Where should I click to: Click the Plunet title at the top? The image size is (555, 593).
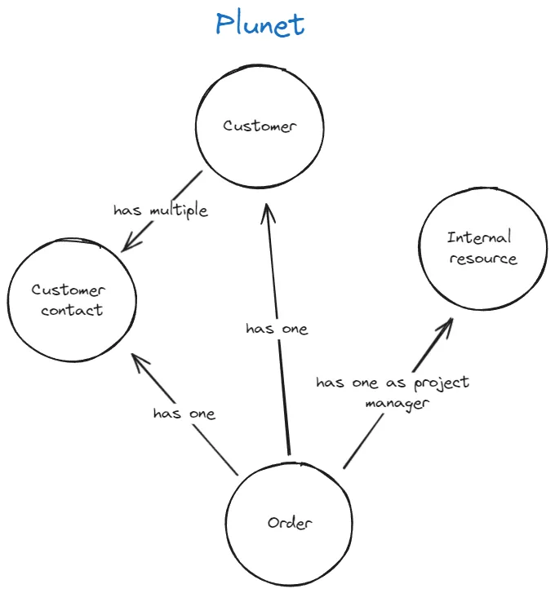pos(260,24)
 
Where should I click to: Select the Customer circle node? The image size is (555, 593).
pos(260,126)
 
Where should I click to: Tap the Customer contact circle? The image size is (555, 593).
pos(72,299)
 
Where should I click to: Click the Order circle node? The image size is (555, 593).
pos(290,523)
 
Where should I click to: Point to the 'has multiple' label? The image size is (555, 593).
pos(160,210)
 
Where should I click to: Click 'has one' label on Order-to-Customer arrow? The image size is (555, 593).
pos(277,329)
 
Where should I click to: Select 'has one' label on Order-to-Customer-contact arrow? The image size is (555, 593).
pos(184,414)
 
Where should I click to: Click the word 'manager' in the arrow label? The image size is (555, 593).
pos(397,403)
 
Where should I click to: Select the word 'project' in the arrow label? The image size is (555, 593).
pos(442,383)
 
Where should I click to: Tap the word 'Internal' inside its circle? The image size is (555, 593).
pos(480,237)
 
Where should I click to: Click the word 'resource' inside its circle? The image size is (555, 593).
pos(482,259)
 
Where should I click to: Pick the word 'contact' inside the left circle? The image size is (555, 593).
pos(72,310)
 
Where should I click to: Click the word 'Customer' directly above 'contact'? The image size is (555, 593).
pos(69,290)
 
